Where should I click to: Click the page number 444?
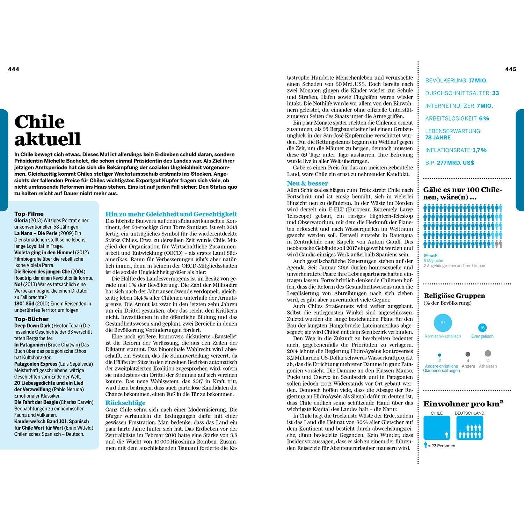(x=14, y=70)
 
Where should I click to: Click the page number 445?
(x=510, y=70)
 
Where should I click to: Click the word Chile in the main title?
(x=39, y=122)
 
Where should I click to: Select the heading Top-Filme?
(x=29, y=214)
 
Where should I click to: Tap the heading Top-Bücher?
(x=31, y=319)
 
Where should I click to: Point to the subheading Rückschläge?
(x=125, y=403)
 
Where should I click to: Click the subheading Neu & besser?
(x=307, y=183)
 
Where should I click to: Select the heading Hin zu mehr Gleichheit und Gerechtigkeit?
(x=171, y=214)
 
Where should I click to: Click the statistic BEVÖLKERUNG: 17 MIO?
(x=456, y=81)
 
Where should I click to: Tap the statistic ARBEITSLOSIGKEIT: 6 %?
(x=457, y=118)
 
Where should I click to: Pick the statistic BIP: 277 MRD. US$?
(x=450, y=163)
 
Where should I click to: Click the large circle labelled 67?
(x=443, y=323)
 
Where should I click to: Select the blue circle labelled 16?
(x=482, y=328)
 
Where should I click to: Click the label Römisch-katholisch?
(x=443, y=336)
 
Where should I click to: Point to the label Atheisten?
(x=488, y=366)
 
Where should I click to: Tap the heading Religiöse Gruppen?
(x=454, y=296)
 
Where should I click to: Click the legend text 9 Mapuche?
(x=433, y=261)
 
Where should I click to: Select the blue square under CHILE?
(x=437, y=428)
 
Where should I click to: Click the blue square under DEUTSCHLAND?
(x=470, y=428)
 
